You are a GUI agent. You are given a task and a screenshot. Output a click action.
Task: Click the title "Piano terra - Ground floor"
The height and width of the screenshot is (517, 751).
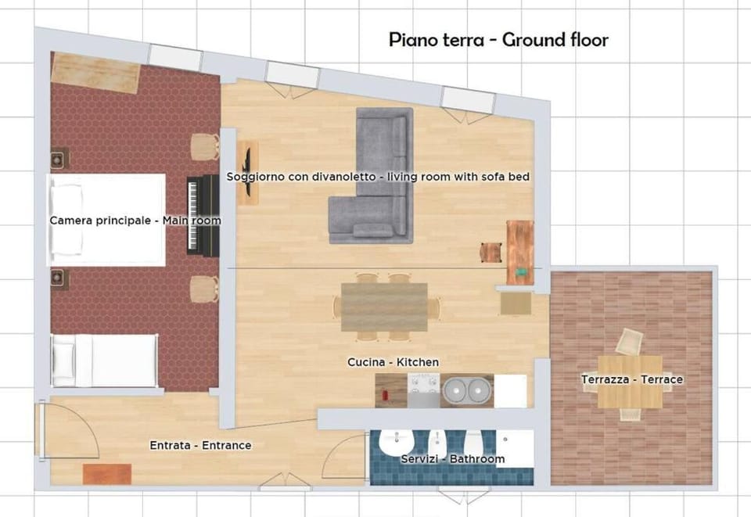pos(498,40)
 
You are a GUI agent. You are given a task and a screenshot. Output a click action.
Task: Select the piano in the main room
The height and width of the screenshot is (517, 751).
pos(203,215)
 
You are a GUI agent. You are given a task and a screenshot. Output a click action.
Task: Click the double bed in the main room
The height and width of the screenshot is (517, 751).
pos(106,220)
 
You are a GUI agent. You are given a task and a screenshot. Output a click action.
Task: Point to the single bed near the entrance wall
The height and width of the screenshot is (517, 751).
pos(104,361)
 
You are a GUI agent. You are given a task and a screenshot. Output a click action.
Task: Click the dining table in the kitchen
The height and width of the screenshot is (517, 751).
pos(384,307)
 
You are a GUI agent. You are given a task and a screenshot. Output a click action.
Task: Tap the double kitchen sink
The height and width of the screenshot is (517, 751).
pos(468,390)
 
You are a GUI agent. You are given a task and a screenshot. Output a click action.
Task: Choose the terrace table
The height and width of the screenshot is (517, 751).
pos(630,382)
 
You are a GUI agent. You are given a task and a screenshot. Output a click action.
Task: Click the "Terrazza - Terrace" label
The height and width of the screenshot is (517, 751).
pos(632,379)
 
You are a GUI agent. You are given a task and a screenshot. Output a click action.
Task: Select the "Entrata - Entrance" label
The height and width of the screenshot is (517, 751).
pos(201,445)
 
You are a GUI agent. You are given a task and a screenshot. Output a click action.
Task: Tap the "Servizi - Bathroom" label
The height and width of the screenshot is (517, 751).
pos(453,459)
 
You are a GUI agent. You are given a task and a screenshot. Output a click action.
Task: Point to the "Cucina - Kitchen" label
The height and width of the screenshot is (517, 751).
pos(393,362)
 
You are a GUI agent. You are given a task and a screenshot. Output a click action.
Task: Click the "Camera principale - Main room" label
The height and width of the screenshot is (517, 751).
pos(135,221)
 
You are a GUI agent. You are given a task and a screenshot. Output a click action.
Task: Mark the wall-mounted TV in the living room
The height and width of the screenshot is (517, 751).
pos(248,172)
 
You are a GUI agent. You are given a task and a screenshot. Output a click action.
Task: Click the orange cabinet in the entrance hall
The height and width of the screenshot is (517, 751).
pos(107,474)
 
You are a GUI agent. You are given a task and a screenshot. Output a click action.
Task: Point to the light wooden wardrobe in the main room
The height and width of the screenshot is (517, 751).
pos(95,74)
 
